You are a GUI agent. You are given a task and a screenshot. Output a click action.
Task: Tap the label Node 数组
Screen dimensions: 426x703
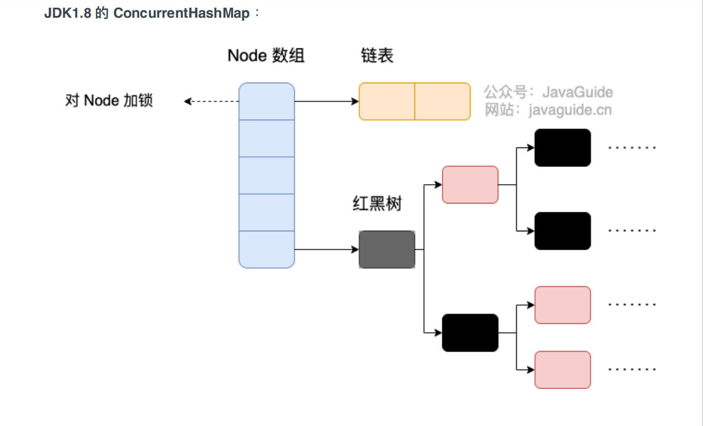click(x=266, y=56)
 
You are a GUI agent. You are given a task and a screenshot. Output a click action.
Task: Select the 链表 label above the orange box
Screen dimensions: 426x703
click(x=377, y=56)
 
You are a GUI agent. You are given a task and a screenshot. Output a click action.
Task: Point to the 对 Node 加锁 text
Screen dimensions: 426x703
click(x=109, y=101)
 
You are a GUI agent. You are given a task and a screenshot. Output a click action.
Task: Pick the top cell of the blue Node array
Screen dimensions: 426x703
click(x=267, y=101)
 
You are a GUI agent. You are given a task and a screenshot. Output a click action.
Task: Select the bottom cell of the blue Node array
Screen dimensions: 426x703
click(x=267, y=250)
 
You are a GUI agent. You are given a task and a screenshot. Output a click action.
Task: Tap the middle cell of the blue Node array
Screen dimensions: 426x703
click(x=267, y=175)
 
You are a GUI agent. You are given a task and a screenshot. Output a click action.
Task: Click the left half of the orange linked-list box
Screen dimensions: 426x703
click(x=387, y=101)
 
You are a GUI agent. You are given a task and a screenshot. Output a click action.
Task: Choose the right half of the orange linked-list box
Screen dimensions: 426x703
click(x=442, y=101)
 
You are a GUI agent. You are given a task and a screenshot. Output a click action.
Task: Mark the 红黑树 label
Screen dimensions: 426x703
click(x=377, y=204)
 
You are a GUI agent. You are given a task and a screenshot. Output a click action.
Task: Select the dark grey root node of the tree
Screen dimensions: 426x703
click(x=387, y=250)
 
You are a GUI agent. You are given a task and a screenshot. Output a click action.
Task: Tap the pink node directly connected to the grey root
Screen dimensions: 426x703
click(x=470, y=185)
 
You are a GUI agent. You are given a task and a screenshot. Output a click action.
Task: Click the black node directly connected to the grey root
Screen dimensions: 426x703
click(x=470, y=333)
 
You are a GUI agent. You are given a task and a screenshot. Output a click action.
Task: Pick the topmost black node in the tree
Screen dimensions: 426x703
click(x=563, y=148)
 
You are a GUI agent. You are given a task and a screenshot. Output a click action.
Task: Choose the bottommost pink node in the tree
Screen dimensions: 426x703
click(x=563, y=370)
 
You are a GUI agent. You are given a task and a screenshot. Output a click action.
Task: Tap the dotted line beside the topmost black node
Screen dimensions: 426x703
click(x=632, y=148)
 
